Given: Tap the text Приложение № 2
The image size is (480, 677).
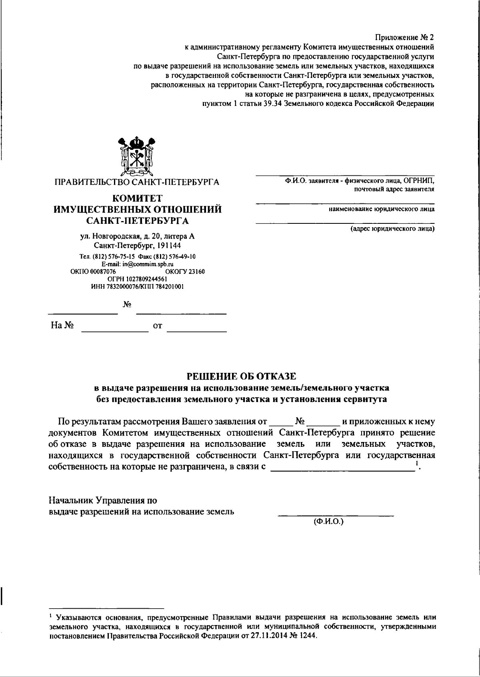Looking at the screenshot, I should click(404, 37).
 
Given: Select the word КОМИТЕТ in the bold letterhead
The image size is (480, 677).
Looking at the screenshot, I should click(137, 198).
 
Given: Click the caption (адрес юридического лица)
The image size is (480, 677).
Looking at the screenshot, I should click(392, 229).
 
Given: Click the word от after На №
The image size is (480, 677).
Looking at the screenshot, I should click(158, 326).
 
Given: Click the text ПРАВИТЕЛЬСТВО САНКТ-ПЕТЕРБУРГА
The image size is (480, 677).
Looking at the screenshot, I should click(137, 182).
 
